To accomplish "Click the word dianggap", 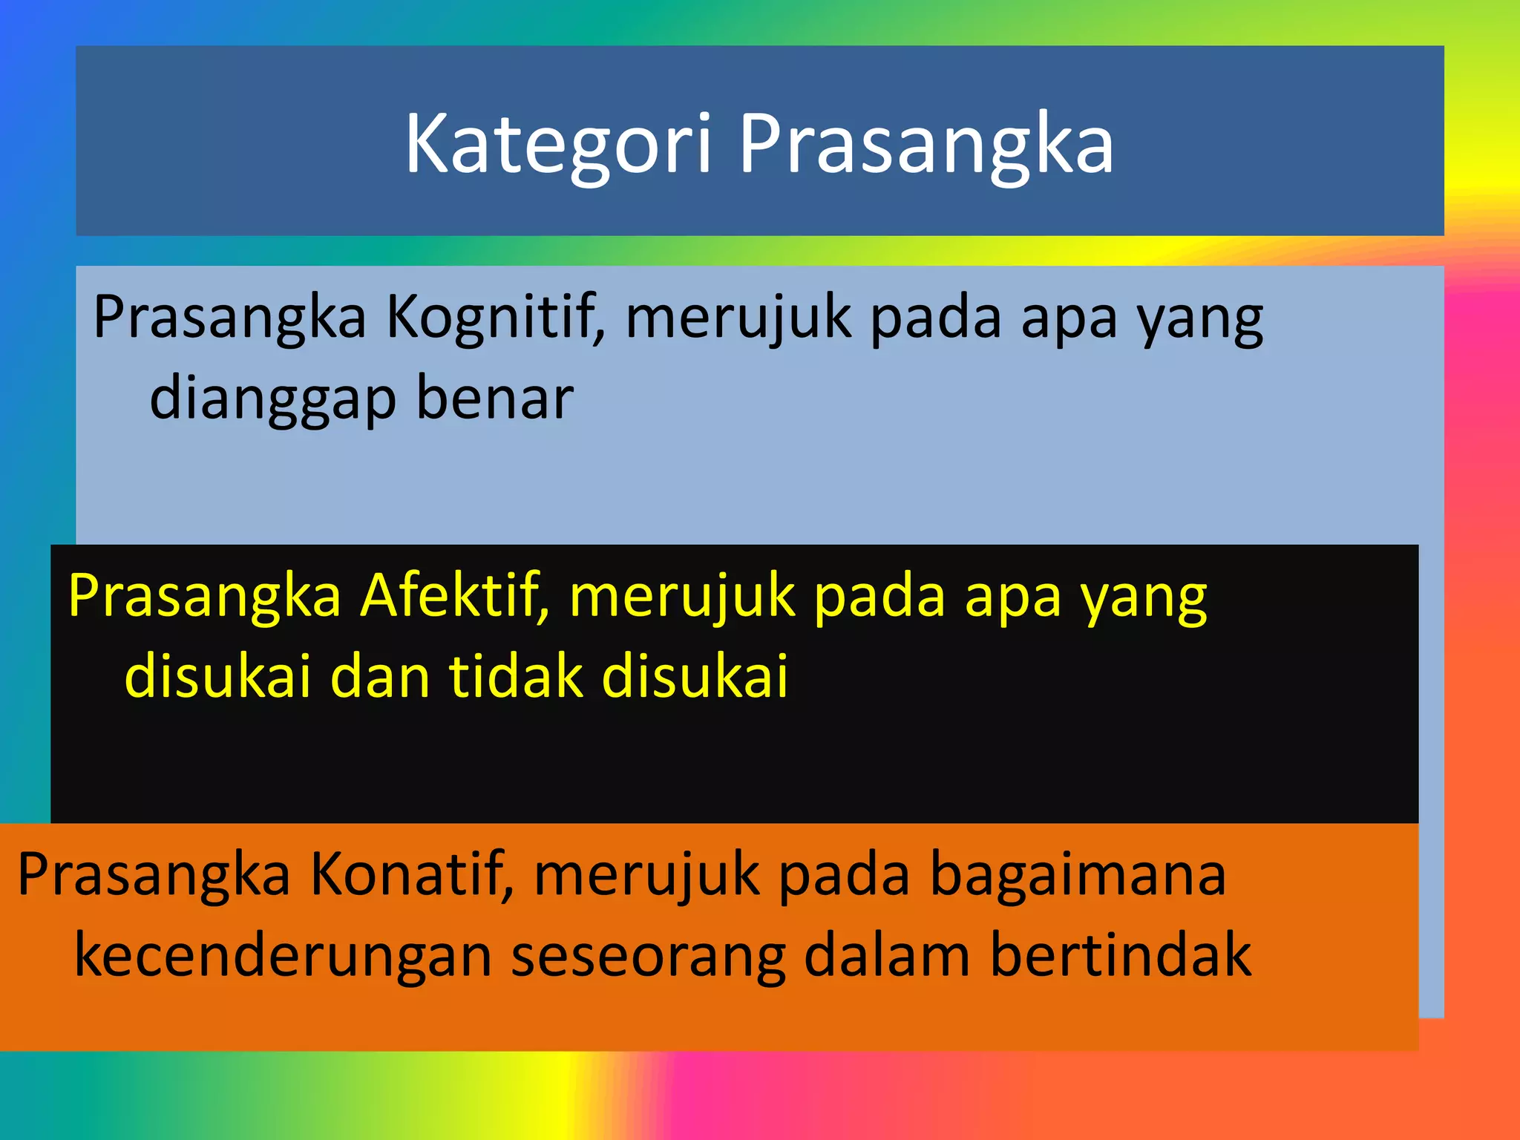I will pos(273,399).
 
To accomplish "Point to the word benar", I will pos(494,398).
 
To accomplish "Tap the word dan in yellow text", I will pos(380,676).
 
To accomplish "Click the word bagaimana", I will pos(1078,874).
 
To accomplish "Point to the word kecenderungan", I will pos(284,956).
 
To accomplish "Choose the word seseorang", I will pos(648,956).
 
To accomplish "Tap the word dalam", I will pos(887,956).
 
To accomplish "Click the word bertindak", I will pos(1121,956).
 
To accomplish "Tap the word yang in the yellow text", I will pos(1144,597).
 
